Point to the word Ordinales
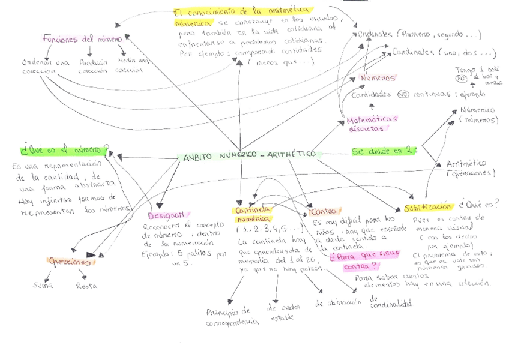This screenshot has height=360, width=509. pyautogui.click(x=374, y=34)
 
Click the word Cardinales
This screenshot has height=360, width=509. pyautogui.click(x=414, y=52)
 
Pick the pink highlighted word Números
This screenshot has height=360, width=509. pyautogui.click(x=378, y=78)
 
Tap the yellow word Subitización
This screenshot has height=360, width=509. pyautogui.click(x=427, y=206)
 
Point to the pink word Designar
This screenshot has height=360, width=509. pyautogui.click(x=167, y=214)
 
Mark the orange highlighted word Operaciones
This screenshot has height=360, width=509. pyautogui.click(x=70, y=261)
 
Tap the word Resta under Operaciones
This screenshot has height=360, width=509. pyautogui.click(x=86, y=286)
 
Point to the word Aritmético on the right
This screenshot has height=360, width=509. pyautogui.click(x=466, y=163)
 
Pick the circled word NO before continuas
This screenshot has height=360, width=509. pyautogui.click(x=403, y=94)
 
